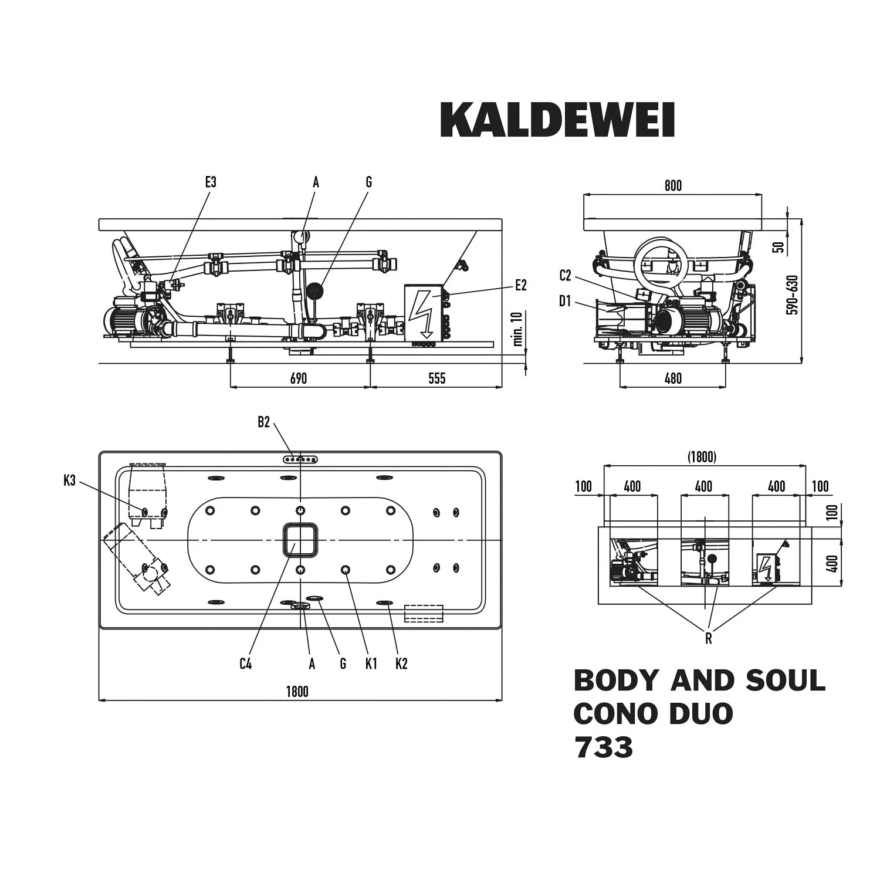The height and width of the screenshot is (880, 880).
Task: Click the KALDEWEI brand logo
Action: (x=557, y=120)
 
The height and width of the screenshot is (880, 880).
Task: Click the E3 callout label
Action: (x=211, y=182)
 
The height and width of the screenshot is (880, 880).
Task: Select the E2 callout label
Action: (x=520, y=286)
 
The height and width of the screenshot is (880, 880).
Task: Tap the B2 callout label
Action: (x=263, y=422)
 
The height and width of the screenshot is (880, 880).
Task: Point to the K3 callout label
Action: (x=70, y=481)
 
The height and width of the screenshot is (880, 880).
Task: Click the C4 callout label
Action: (x=246, y=664)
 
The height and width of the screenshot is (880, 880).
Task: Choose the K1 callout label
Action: (x=371, y=664)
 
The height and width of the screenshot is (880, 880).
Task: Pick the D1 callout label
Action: (x=565, y=302)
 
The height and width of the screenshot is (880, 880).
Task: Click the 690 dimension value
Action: (x=298, y=378)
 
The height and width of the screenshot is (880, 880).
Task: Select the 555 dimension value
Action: (x=436, y=378)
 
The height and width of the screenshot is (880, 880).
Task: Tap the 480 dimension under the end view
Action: (x=673, y=378)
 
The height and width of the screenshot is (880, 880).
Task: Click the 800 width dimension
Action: (x=673, y=186)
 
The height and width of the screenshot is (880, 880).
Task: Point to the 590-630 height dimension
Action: (x=793, y=295)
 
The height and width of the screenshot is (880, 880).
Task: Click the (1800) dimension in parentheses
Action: (x=702, y=457)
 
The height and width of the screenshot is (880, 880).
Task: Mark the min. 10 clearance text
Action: (x=517, y=329)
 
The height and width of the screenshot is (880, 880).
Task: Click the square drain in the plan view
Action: (x=300, y=540)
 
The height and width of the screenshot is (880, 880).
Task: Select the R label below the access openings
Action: (x=708, y=638)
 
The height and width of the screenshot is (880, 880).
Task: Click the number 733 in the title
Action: (x=604, y=747)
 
